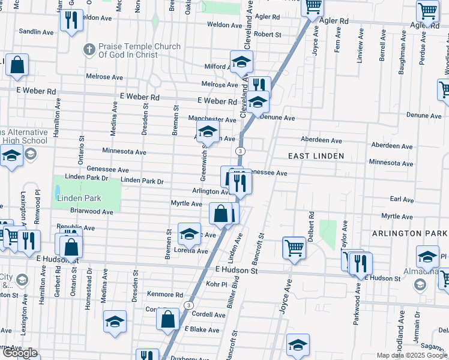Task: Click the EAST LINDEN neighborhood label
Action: [316, 156]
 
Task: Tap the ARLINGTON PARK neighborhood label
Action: [409, 233]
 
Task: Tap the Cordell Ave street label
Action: [209, 314]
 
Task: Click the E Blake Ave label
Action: [203, 329]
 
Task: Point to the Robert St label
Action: [268, 35]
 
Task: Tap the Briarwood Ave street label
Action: [91, 212]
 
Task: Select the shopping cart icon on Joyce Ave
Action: [294, 247]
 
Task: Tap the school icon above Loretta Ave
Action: [189, 233]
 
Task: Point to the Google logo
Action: [20, 353]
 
